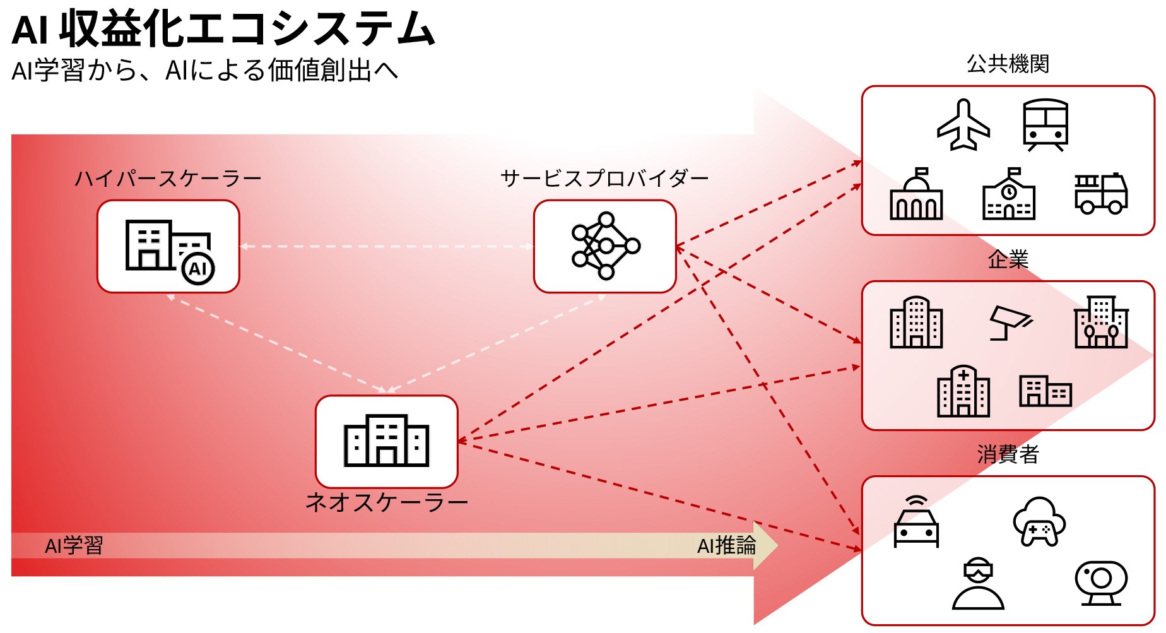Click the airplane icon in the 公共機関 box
tap(963, 125)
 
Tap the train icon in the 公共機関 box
tap(1045, 125)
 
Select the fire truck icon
tap(1101, 194)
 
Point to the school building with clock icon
tap(1008, 194)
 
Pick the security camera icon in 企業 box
tap(1010, 322)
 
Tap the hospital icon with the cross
tap(963, 391)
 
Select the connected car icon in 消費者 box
tap(916, 523)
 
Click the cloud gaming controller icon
tap(1039, 522)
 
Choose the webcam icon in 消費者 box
tap(1101, 583)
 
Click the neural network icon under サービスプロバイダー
tap(605, 246)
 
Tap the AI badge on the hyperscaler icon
tap(198, 269)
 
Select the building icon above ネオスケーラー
tap(386, 441)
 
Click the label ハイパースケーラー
tap(168, 179)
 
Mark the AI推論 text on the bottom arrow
tap(726, 546)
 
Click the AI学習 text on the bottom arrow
tap(74, 546)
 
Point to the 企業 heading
tap(1008, 259)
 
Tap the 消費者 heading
tap(1008, 454)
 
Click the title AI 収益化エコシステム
tap(223, 29)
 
